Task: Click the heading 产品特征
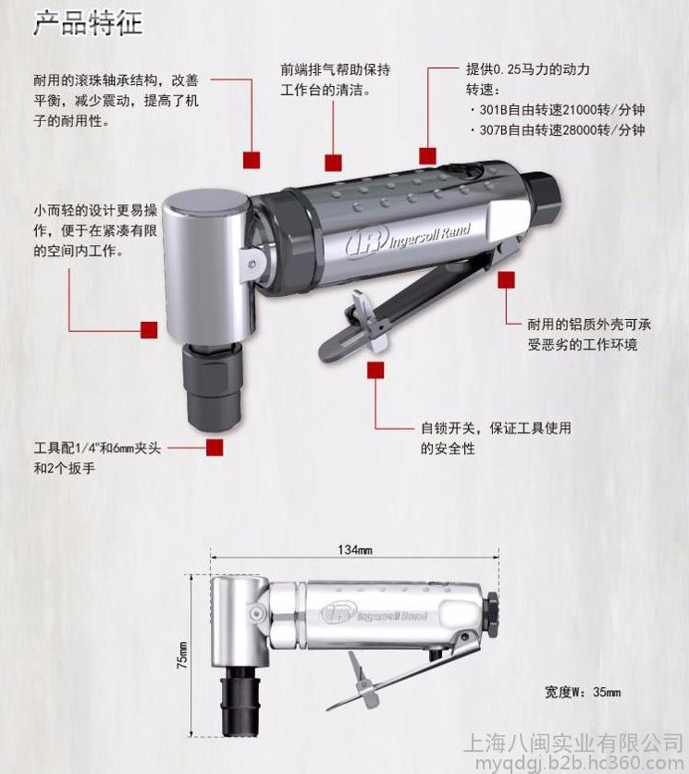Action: point(88,24)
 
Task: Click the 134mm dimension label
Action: point(355,549)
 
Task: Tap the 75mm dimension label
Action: point(182,656)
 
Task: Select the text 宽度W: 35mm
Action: point(583,692)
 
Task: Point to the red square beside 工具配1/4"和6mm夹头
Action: point(215,448)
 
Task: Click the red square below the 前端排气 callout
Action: point(333,163)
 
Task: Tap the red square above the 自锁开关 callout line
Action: point(375,370)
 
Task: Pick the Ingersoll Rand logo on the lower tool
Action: point(374,615)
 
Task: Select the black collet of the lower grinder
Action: point(240,700)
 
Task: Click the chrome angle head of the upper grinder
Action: point(207,266)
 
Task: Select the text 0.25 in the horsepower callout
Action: point(507,69)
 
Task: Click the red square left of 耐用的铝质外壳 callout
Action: point(507,280)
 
